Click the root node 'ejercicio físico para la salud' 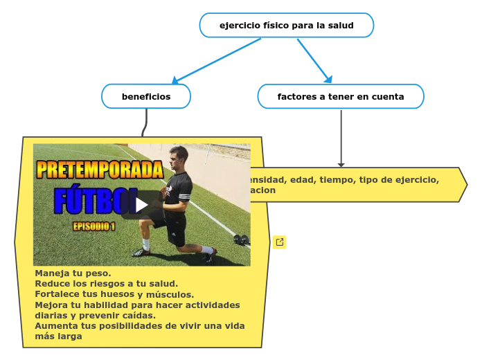click(286, 26)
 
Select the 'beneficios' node click(146, 97)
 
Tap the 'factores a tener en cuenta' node click(340, 97)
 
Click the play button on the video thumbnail click(141, 205)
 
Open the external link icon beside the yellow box click(279, 242)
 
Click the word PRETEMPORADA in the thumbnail click(100, 170)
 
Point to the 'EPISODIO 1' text click(94, 226)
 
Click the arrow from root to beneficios click(216, 61)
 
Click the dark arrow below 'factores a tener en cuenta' click(341, 138)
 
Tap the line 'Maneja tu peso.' click(73, 273)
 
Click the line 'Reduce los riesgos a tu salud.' click(106, 284)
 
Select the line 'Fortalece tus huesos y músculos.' click(114, 294)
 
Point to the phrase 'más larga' click(58, 336)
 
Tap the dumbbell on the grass click(240, 240)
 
